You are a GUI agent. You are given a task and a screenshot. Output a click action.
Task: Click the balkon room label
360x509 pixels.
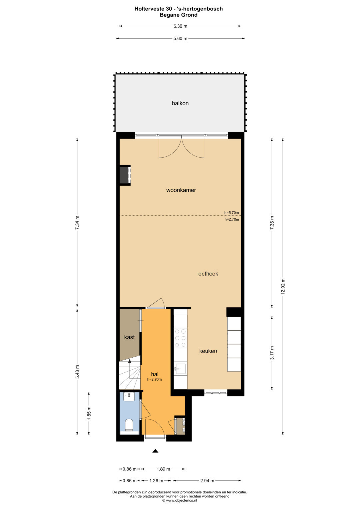(180, 103)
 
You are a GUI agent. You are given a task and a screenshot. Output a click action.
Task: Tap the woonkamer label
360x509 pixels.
(181, 190)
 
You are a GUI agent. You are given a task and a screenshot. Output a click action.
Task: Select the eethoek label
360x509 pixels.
(208, 274)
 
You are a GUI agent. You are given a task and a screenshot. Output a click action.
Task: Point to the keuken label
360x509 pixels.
(208, 351)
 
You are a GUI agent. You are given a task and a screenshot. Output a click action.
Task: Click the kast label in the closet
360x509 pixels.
(129, 337)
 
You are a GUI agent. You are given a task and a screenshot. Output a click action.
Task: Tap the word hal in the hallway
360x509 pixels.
(155, 374)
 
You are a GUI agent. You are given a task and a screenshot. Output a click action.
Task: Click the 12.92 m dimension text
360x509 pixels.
(283, 286)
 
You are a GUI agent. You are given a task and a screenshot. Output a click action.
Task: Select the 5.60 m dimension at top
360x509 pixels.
(180, 38)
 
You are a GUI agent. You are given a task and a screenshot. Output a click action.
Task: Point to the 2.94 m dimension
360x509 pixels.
(207, 481)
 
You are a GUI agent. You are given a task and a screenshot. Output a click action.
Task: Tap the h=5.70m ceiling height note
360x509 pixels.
(232, 213)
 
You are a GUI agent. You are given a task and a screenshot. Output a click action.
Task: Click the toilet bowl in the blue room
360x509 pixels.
(129, 424)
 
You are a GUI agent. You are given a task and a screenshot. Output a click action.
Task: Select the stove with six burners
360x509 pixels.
(180, 338)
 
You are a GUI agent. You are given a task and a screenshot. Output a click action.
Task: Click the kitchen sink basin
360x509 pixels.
(180, 368)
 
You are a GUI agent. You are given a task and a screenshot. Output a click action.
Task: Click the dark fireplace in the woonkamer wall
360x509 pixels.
(124, 175)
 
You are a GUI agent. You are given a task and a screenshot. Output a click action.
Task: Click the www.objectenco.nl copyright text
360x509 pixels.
(180, 500)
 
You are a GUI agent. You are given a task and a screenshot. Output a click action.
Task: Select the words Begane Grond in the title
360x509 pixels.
(178, 15)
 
